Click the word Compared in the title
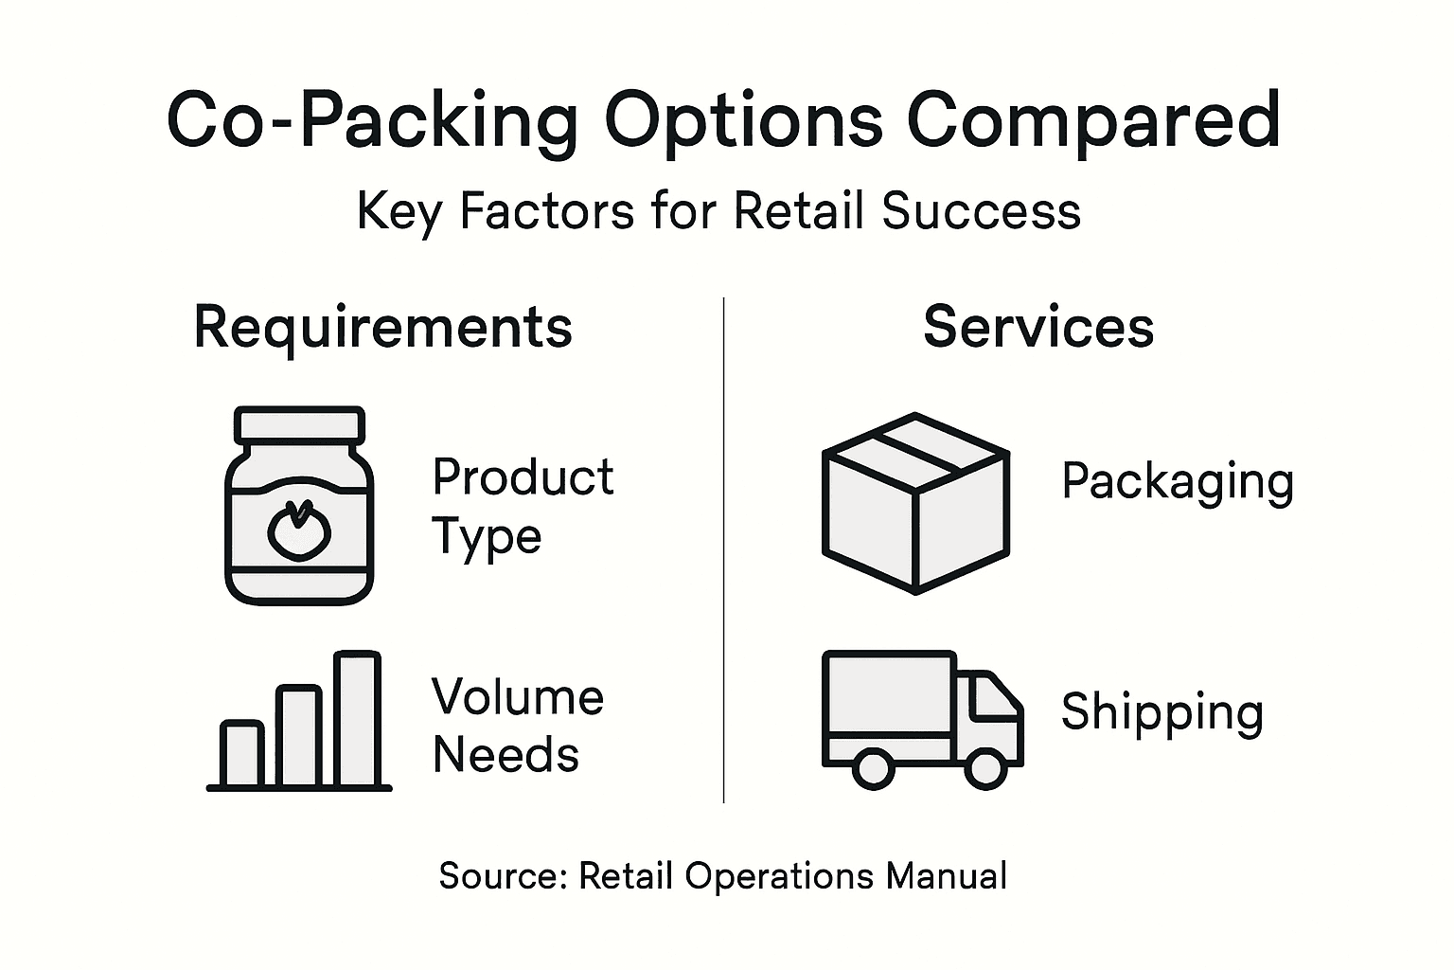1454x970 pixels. point(1093,120)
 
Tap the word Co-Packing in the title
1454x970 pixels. point(372,120)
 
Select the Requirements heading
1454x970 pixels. point(382,328)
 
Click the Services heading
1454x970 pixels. point(1038,328)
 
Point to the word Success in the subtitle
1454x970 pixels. point(981,210)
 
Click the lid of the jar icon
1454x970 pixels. point(299,423)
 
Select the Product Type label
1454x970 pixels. point(523,506)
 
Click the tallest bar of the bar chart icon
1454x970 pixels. point(357,719)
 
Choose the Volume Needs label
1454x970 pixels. point(518,726)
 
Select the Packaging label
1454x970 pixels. point(1178,482)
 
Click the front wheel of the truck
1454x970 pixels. point(984,767)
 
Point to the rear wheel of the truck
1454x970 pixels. point(872,767)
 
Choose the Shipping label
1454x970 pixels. point(1162,712)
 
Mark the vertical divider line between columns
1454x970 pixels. point(724,549)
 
